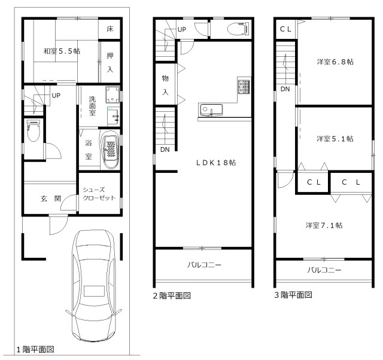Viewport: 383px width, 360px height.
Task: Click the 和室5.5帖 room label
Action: [62, 51]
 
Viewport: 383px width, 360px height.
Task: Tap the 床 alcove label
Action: [110, 29]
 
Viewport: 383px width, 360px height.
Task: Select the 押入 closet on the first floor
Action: [110, 62]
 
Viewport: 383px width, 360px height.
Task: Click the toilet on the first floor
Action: [34, 130]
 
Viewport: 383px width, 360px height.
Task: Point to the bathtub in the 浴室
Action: [111, 149]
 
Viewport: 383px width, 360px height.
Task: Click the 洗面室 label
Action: [92, 106]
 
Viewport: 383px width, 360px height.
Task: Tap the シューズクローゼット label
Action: [99, 194]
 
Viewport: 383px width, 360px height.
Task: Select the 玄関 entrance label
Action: [51, 198]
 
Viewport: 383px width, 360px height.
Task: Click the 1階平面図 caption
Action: [35, 349]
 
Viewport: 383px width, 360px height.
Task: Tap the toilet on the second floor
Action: [239, 29]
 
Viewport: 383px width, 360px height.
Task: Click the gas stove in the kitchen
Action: [244, 87]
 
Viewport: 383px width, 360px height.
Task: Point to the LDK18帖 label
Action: [216, 163]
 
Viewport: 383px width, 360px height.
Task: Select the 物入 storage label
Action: [165, 85]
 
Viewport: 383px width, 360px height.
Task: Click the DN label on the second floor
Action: [165, 150]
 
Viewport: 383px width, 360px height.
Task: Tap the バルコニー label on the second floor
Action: [204, 265]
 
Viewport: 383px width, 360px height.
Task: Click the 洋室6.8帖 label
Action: [335, 62]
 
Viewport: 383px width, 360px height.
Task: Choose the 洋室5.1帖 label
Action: [335, 139]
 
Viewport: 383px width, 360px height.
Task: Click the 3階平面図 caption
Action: [293, 295]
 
